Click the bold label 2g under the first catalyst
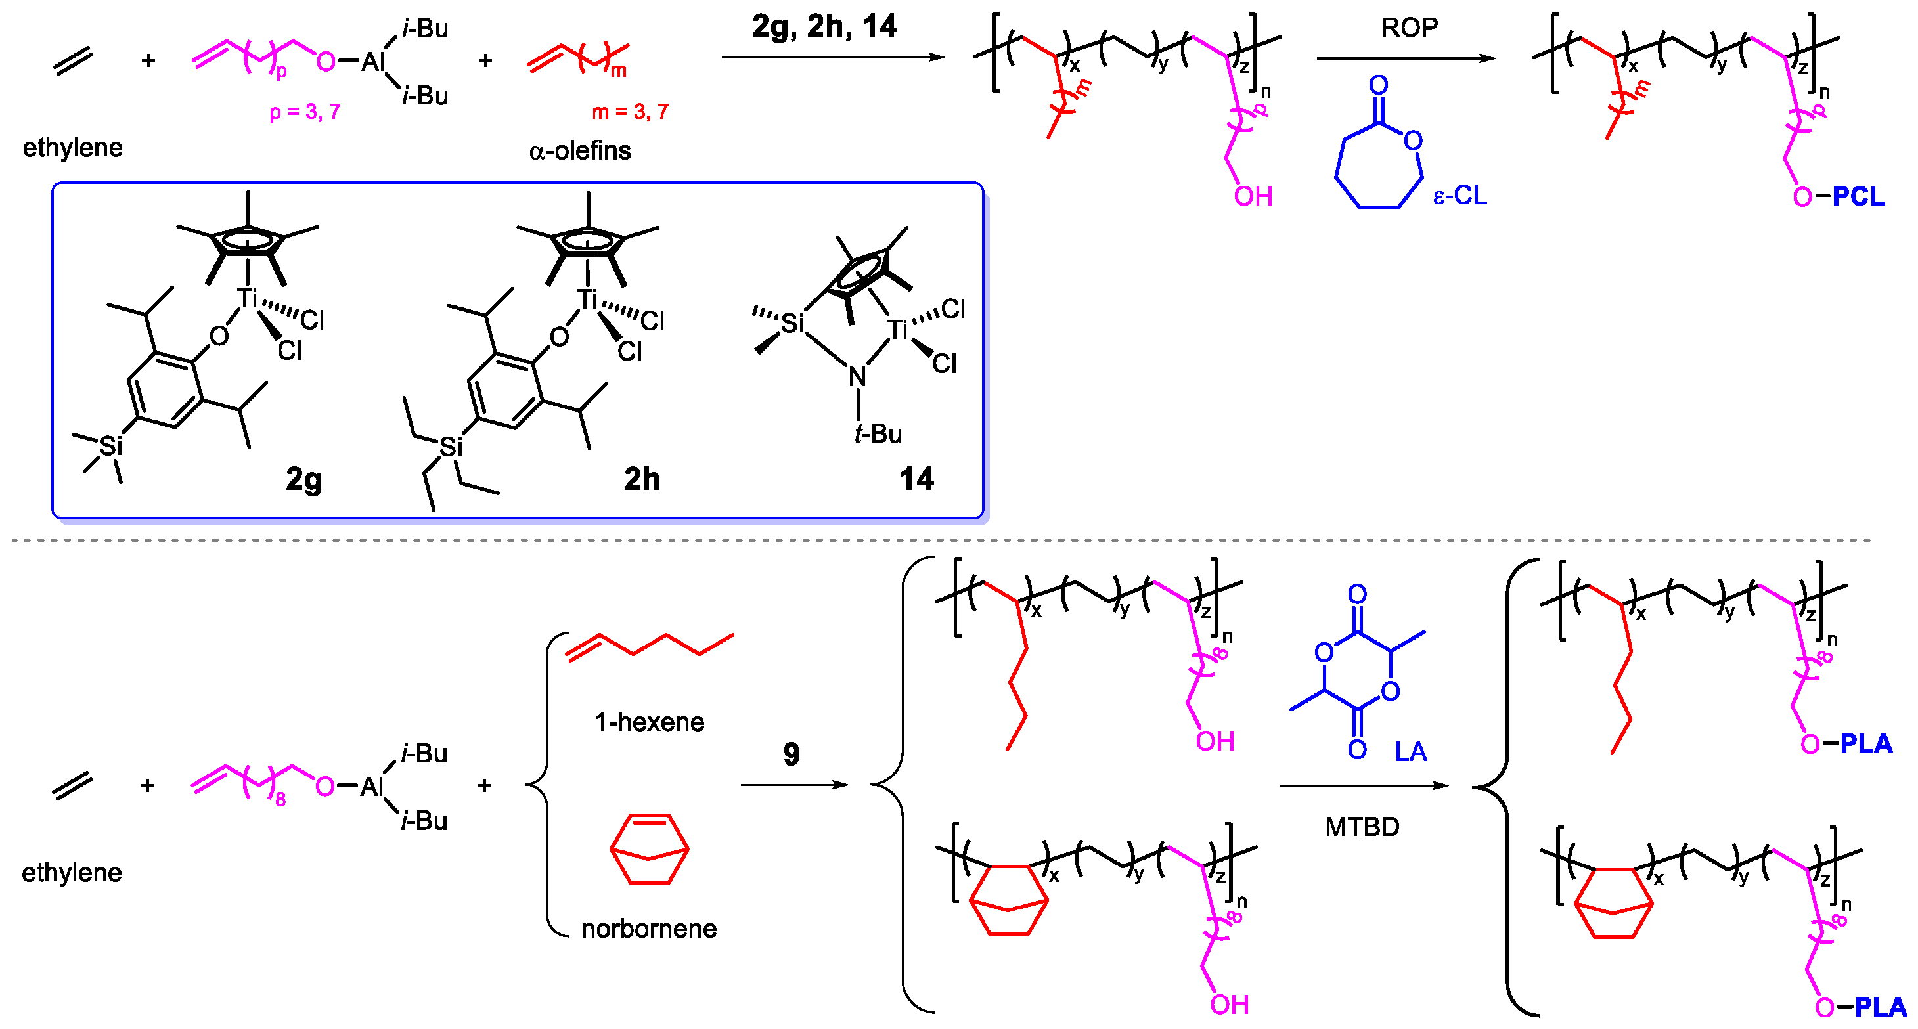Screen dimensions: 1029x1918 (x=303, y=479)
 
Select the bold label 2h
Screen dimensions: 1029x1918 (x=642, y=479)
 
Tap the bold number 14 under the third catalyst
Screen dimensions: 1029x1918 (x=916, y=478)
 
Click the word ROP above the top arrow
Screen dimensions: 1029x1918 (x=1410, y=28)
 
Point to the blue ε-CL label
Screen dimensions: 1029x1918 (x=1460, y=195)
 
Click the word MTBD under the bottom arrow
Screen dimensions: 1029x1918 (x=1362, y=827)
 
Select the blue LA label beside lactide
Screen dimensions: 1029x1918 (x=1410, y=751)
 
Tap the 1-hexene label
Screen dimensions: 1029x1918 (x=649, y=722)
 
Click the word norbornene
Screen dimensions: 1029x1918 (x=648, y=929)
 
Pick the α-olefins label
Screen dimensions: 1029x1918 (x=580, y=151)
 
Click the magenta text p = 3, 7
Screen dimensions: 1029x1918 (x=305, y=112)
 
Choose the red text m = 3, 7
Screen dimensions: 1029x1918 (x=630, y=112)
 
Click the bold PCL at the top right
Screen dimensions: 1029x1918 (x=1858, y=196)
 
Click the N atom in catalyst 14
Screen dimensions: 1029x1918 (x=858, y=378)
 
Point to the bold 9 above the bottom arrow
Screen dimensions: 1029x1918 (x=792, y=755)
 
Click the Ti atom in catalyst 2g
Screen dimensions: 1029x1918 (x=247, y=299)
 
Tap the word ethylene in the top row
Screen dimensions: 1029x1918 (x=72, y=148)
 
